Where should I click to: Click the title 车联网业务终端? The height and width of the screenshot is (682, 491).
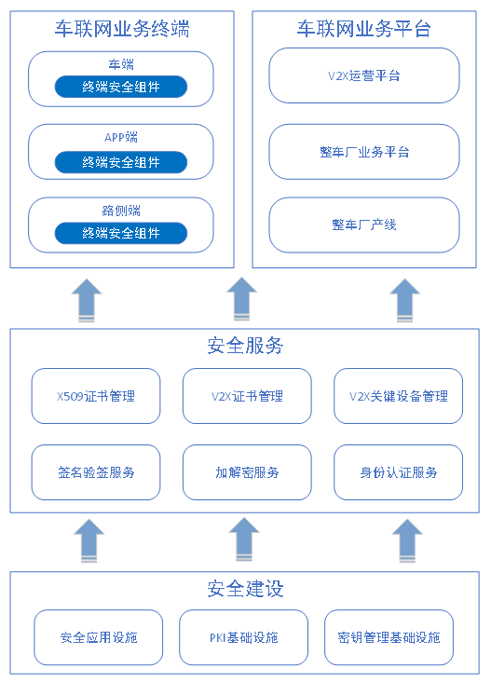(x=122, y=29)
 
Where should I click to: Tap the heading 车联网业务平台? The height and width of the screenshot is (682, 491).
(x=364, y=29)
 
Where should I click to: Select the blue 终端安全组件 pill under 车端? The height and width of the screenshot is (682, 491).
(x=121, y=87)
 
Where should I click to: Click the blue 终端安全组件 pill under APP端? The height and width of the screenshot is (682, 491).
(x=121, y=162)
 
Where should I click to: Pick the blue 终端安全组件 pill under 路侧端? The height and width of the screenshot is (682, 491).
(x=121, y=233)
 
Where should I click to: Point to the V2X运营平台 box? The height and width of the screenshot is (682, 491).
(x=364, y=75)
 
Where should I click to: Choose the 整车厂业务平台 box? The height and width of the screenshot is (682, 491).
(x=364, y=152)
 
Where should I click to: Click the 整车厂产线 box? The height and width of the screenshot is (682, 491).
(x=364, y=225)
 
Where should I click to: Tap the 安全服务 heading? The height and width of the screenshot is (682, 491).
(x=245, y=346)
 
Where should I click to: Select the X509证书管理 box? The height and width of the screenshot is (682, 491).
(x=96, y=396)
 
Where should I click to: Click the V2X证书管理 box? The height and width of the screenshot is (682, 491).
(x=247, y=396)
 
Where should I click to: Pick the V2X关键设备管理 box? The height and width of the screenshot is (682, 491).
(x=399, y=396)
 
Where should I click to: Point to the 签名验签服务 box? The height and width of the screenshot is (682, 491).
(x=96, y=472)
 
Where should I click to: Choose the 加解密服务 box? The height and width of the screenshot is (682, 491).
(x=247, y=472)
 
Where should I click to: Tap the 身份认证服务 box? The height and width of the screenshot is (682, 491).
(x=399, y=472)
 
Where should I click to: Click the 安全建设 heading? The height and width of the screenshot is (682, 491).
(x=245, y=589)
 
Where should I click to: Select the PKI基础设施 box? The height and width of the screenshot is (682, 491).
(x=243, y=637)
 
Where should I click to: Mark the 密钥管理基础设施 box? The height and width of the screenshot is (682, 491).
(x=389, y=637)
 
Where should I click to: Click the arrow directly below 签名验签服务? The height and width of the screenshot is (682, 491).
(x=89, y=540)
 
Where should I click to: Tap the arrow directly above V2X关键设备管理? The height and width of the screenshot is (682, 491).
(x=405, y=300)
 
